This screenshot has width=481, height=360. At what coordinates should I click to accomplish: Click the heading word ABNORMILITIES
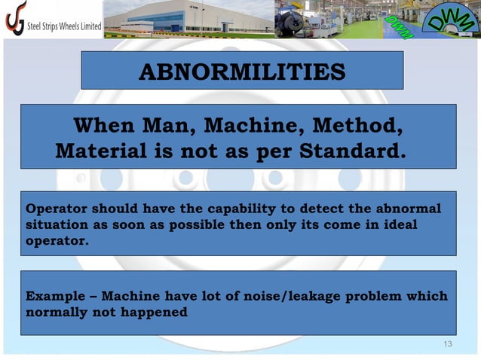(x=242, y=72)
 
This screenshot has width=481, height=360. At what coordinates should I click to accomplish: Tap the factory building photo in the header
(x=188, y=18)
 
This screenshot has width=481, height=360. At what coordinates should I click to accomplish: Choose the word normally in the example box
(x=57, y=312)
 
